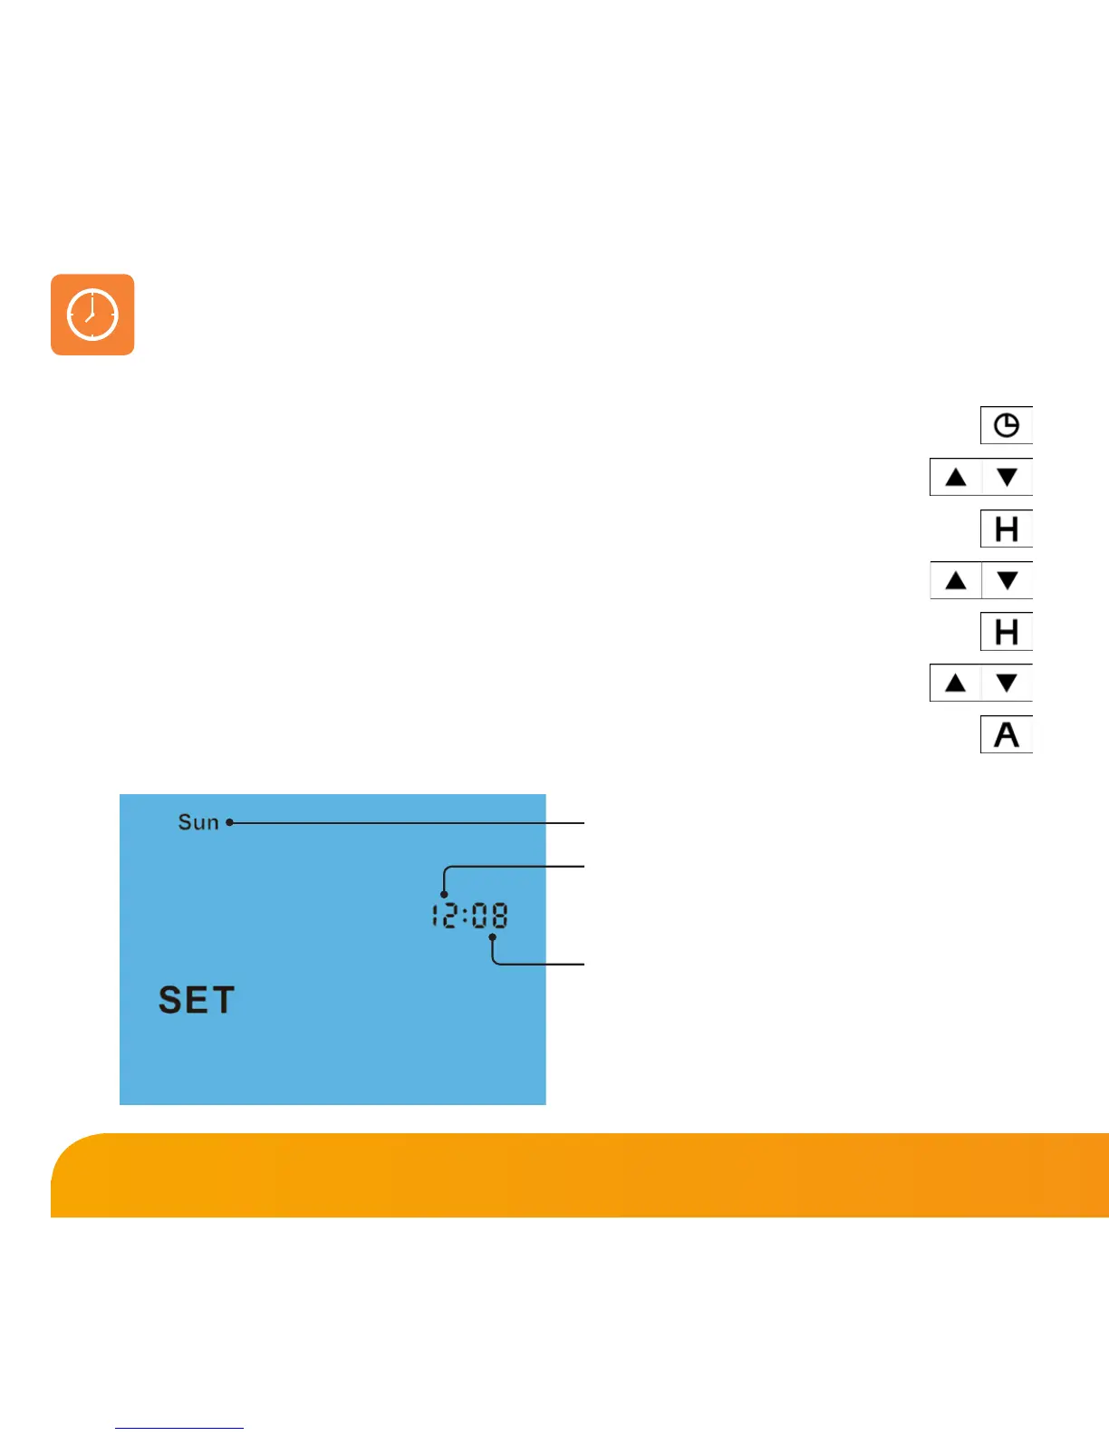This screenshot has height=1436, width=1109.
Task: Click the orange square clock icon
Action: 92,315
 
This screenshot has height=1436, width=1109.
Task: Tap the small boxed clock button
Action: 1006,425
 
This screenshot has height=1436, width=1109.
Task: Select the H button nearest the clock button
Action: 1006,529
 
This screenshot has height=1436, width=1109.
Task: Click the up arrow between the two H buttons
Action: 956,580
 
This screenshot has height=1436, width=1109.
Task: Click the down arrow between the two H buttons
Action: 1007,580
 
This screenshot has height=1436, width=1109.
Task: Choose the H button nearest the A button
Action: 1006,632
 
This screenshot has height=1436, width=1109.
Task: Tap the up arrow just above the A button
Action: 956,683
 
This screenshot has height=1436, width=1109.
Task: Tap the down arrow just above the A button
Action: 1007,683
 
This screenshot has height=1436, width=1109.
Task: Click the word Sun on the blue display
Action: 198,822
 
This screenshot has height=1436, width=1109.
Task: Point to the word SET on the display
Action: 197,1001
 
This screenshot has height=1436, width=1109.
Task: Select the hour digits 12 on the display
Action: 444,916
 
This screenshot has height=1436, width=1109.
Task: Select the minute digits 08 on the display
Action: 490,916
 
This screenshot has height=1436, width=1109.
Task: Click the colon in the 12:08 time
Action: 465,917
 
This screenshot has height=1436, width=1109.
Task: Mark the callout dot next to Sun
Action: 229,822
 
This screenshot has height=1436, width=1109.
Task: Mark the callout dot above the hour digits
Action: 444,895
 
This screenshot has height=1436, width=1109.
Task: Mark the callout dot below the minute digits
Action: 492,937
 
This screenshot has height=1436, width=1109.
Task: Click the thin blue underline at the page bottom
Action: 179,1428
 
